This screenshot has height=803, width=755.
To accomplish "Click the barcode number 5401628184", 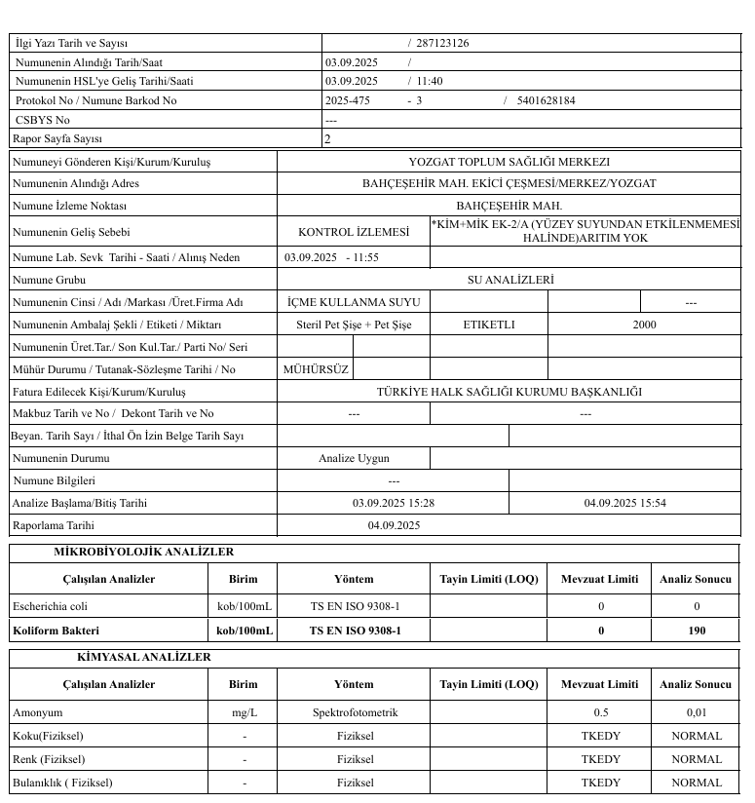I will coord(546,100).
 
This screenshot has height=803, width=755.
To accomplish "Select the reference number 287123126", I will coord(443,43).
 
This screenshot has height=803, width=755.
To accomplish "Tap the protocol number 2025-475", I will coord(348,100).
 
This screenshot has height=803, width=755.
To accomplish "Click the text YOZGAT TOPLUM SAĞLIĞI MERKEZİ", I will coord(509,162).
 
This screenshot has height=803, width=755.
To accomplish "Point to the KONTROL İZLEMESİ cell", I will coord(354,232).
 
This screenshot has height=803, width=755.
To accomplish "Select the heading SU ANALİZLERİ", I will coord(510,280).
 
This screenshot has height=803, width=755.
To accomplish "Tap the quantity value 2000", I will coord(644,325).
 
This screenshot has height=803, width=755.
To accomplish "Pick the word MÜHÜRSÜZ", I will coord(315,369).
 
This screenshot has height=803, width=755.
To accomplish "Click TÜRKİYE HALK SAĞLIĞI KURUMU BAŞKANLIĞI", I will coord(510,392).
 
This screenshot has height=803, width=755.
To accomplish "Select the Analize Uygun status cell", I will coord(354,458).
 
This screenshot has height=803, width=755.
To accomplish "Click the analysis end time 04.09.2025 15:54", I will coord(624,503).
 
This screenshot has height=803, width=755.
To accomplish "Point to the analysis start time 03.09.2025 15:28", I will coord(393,503).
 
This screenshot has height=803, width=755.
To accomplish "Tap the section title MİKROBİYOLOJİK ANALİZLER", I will coord(143,553).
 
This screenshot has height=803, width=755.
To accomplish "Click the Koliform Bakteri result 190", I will coord(697,631).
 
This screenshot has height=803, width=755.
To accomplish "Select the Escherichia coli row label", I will coord(44,606).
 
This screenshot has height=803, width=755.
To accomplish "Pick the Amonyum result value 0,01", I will coord(697,712).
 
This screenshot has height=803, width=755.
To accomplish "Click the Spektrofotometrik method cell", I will coord(355,712).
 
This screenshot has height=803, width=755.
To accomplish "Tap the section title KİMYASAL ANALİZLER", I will coord(143,658).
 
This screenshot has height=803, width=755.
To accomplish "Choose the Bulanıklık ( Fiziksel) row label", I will coord(62,782).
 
